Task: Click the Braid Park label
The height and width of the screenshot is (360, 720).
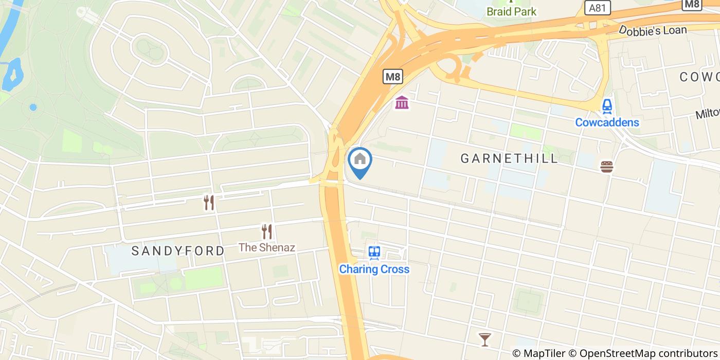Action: [x=511, y=11]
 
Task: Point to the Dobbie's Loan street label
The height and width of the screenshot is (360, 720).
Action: [x=653, y=30]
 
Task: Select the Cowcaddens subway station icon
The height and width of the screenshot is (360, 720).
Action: [x=607, y=106]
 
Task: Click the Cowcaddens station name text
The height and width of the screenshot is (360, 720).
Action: [x=607, y=122]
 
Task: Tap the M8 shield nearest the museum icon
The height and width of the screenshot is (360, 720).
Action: [x=393, y=77]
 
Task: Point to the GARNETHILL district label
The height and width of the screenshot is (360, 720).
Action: [x=509, y=158]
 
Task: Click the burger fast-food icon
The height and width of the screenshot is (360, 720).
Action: [x=607, y=167]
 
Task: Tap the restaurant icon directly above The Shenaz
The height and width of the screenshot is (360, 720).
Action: [x=266, y=231]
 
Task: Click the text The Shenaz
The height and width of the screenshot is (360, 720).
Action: [x=266, y=247]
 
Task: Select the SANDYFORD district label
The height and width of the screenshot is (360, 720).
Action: [x=177, y=251]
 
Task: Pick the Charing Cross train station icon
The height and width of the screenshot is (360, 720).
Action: [x=374, y=253]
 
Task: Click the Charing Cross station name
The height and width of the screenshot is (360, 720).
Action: [x=374, y=269]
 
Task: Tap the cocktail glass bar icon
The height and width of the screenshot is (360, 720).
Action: [x=484, y=339]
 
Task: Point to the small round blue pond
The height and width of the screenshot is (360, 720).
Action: [x=33, y=107]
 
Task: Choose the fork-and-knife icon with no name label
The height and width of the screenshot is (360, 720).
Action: [x=208, y=203]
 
